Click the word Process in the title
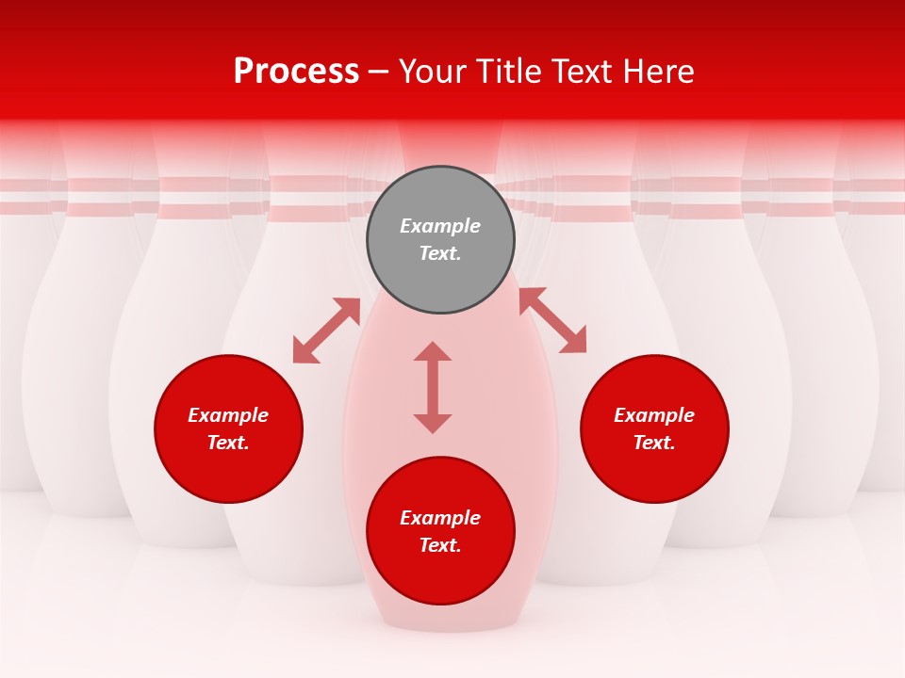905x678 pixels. pos(296,72)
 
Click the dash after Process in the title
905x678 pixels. pos(378,73)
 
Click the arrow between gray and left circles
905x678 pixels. pos(326,331)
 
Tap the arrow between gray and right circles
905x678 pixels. pos(552,320)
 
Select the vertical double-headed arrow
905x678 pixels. pos(433,387)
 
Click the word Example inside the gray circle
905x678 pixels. pos(440,226)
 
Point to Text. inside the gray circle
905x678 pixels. pos(440,253)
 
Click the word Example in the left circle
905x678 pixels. pos(228,415)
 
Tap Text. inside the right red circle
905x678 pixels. pos(654,443)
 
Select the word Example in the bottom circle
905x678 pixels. pos(440,518)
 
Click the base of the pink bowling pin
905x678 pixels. pos(451,617)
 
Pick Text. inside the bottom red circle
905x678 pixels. pos(440,545)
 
